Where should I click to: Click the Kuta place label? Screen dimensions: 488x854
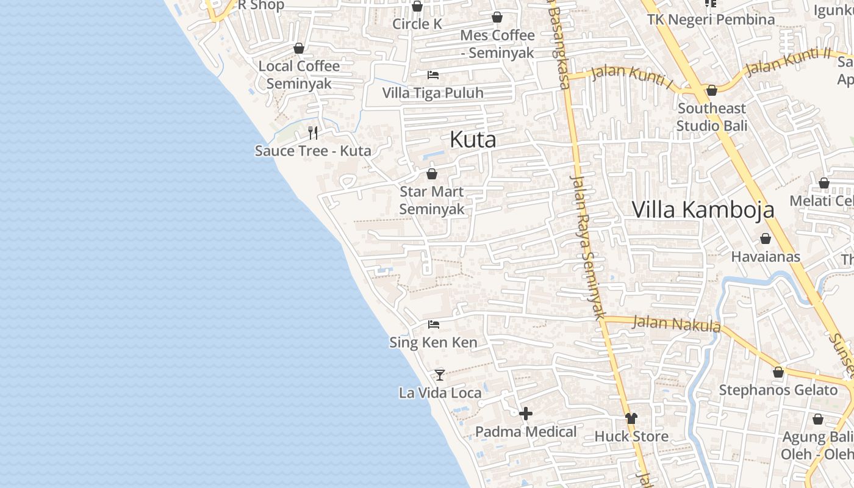click(473, 140)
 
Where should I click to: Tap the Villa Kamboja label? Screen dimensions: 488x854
click(703, 210)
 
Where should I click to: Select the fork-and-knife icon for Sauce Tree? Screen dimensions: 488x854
click(313, 133)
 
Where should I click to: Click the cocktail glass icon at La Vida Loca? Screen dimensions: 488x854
click(439, 375)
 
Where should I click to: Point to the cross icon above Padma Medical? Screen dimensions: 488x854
click(525, 414)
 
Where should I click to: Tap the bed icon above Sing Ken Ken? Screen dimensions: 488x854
click(434, 324)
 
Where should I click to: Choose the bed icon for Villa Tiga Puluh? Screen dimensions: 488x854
click(433, 75)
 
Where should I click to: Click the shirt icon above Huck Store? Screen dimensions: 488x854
click(631, 418)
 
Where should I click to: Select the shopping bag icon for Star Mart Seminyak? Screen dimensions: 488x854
click(432, 174)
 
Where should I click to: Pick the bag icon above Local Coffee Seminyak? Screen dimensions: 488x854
click(299, 48)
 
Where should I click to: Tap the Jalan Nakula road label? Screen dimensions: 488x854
click(676, 323)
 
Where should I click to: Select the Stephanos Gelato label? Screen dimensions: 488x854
click(778, 390)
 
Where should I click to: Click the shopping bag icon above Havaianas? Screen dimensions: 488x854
click(766, 239)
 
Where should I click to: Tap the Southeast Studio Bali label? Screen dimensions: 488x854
click(711, 117)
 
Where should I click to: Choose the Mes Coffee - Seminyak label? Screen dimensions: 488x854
click(497, 44)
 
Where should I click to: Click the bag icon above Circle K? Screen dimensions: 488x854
click(417, 7)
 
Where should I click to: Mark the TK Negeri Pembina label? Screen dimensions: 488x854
click(711, 20)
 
